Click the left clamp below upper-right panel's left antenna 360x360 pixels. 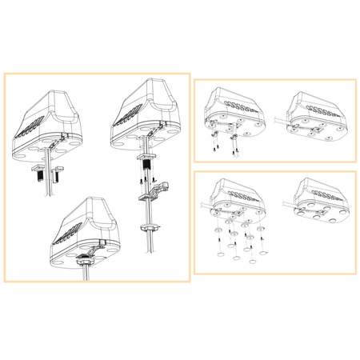[215, 139]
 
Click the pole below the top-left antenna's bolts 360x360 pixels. [47, 196]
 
